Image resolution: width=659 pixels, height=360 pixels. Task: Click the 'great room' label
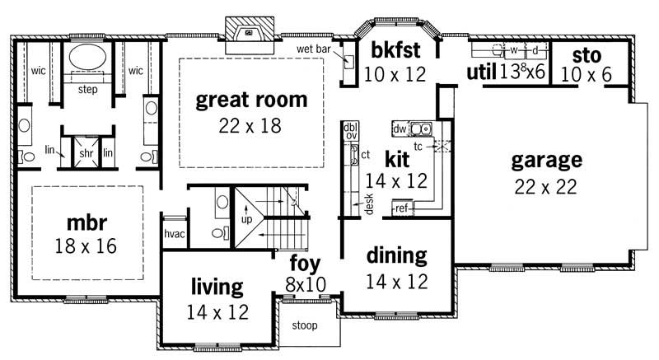[251, 101]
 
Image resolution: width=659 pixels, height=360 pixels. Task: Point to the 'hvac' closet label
[173, 233]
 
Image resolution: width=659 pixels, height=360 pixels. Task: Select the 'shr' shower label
[86, 152]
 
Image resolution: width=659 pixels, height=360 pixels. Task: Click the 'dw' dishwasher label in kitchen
[400, 129]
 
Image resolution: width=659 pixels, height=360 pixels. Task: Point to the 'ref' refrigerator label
[402, 208]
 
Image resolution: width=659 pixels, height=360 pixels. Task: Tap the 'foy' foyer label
[304, 264]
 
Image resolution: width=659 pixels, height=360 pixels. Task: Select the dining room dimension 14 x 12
[397, 280]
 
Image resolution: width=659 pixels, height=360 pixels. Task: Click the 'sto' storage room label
[587, 56]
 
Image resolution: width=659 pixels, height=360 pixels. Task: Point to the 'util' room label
[481, 72]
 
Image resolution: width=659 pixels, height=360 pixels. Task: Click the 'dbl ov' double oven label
[350, 131]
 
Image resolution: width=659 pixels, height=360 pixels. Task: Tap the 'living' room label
[217, 287]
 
